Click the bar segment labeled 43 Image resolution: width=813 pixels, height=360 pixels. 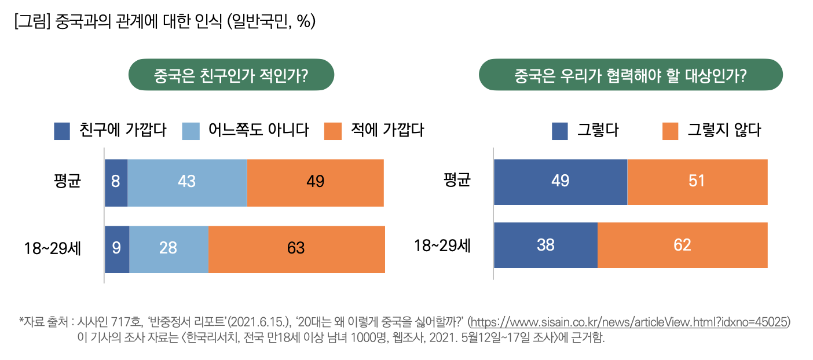[187, 182]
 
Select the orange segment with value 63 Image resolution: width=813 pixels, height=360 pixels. [296, 249]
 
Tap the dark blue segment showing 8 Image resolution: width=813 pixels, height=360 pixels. [116, 182]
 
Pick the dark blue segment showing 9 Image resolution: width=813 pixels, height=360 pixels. [116, 249]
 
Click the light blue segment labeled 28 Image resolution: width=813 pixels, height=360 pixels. [169, 249]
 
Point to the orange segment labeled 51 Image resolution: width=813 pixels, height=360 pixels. [697, 181]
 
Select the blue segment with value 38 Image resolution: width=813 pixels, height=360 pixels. [545, 245]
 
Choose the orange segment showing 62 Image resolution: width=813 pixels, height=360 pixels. [682, 245]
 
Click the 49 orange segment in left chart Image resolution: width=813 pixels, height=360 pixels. [315, 182]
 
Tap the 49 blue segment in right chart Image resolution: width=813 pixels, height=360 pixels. [560, 181]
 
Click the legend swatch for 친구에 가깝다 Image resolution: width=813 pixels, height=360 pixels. [62, 131]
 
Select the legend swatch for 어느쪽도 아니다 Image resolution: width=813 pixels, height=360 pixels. [191, 131]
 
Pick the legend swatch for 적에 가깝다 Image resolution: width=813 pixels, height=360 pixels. [333, 131]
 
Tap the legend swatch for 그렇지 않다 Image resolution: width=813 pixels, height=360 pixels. [669, 131]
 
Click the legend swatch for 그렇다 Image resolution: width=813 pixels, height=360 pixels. [559, 131]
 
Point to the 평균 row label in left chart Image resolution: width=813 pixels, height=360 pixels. [67, 181]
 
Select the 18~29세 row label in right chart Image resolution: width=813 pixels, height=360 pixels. [442, 245]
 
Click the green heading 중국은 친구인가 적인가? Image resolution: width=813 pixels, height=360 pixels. [231, 75]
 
